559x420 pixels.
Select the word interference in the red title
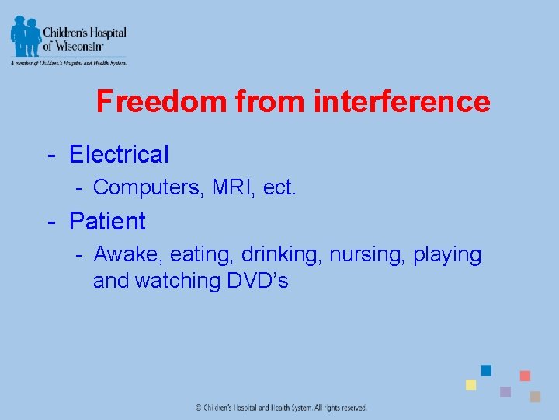tap(401, 102)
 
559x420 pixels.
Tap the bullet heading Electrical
tap(119, 154)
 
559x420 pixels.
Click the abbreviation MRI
tap(234, 187)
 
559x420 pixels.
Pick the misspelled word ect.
tap(279, 187)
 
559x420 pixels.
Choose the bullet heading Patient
tap(107, 221)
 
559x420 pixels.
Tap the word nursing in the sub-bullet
tap(366, 255)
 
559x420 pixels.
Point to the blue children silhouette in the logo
tap(26, 35)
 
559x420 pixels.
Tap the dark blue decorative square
tap(486, 370)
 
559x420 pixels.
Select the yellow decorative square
tap(470, 385)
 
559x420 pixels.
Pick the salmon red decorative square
tap(525, 376)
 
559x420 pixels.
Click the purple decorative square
tap(505, 392)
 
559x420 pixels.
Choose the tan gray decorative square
tap(535, 397)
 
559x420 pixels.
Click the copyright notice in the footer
tap(280, 408)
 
